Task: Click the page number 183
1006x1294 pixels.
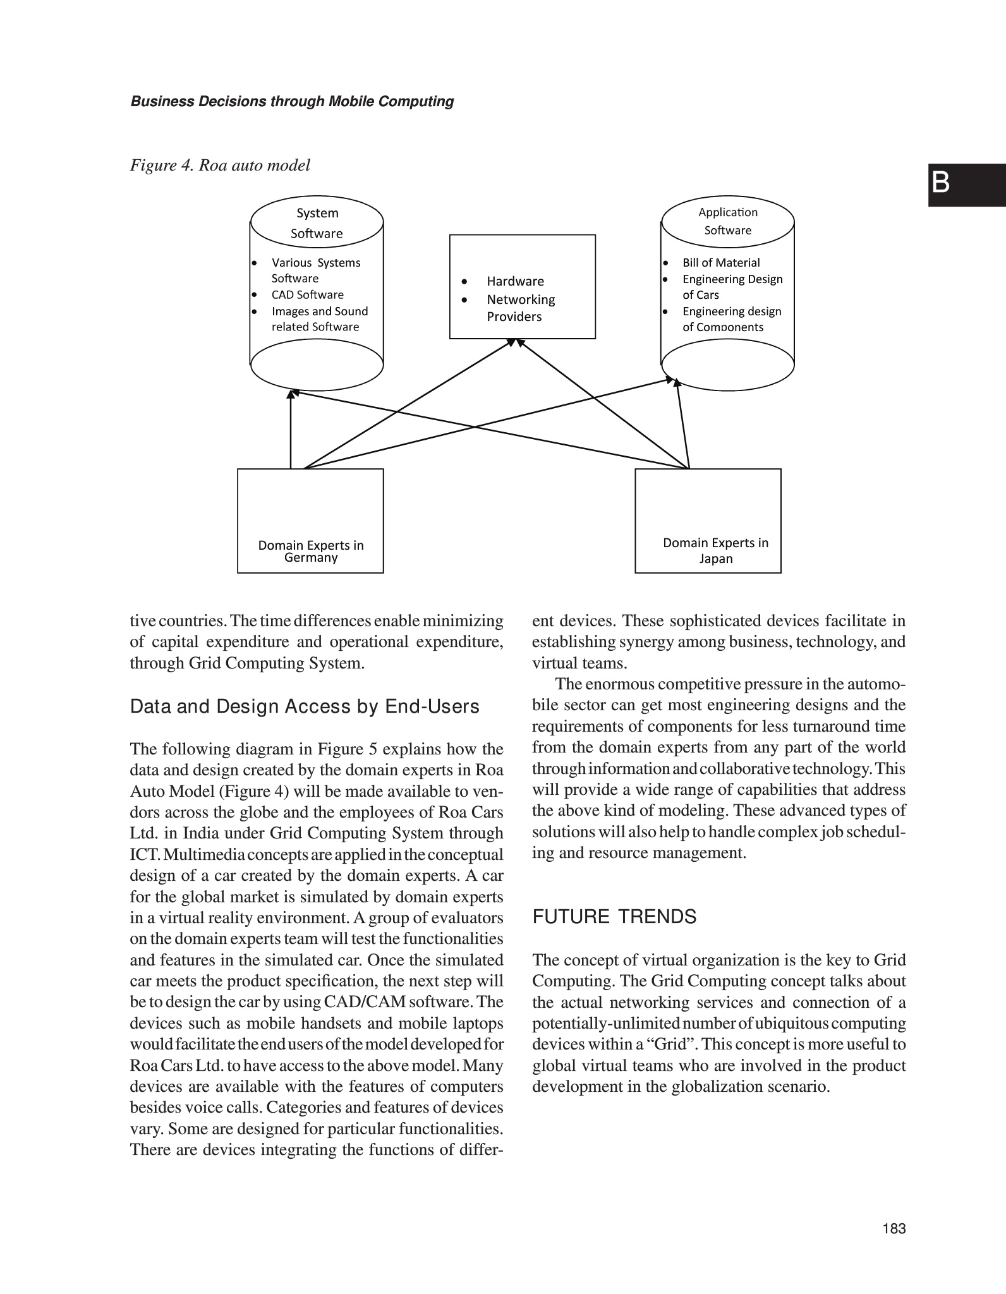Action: [x=894, y=1228]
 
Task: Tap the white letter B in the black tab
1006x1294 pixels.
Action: [x=940, y=184]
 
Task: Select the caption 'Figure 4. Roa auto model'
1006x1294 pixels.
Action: [x=220, y=166]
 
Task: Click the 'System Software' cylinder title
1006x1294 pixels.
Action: [x=317, y=223]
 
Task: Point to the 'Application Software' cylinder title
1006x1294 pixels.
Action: [x=727, y=221]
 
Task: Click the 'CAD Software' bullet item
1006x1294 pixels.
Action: [x=307, y=295]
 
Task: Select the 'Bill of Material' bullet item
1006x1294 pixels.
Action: [x=720, y=263]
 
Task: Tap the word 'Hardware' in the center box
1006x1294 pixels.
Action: [x=515, y=281]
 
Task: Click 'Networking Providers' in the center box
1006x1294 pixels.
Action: [x=520, y=308]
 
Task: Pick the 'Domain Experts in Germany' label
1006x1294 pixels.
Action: [x=311, y=551]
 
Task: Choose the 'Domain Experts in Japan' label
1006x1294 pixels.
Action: [x=715, y=550]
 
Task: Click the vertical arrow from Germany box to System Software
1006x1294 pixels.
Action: [x=291, y=430]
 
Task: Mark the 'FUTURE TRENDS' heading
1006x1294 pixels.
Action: [x=614, y=917]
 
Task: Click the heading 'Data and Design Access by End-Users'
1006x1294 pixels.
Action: [x=305, y=706]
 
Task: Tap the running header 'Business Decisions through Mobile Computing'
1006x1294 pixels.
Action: [x=292, y=102]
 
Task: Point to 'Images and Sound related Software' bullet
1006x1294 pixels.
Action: [x=319, y=319]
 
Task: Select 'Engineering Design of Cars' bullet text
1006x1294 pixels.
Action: [x=732, y=287]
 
